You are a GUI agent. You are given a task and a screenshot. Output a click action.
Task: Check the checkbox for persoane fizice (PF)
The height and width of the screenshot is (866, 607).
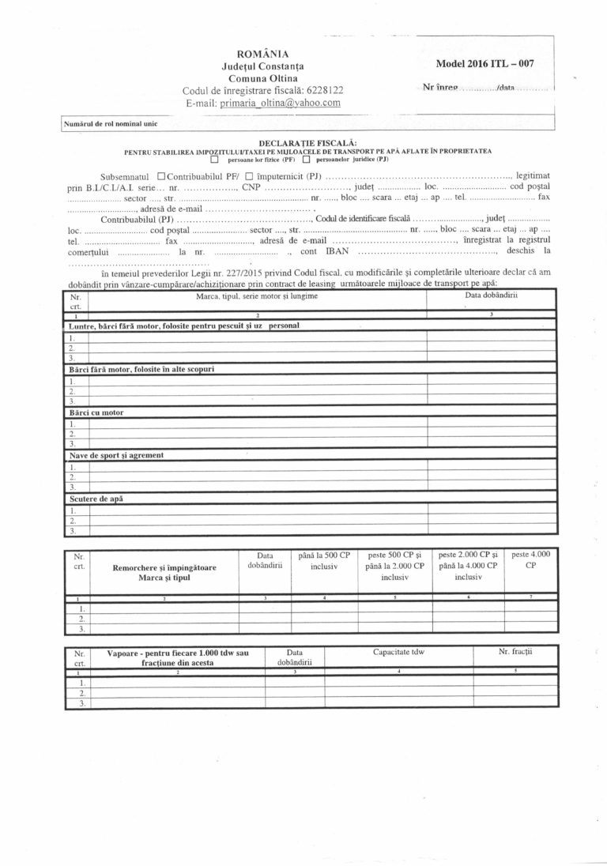(213, 158)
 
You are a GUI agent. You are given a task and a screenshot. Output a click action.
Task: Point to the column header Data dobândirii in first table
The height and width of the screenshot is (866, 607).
(491, 295)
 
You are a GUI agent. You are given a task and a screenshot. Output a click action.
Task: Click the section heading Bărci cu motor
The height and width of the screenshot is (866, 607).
(96, 412)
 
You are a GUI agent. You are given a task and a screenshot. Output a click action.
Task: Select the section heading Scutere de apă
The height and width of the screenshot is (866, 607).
(96, 499)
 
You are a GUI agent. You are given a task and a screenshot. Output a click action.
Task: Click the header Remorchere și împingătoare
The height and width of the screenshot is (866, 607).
(164, 567)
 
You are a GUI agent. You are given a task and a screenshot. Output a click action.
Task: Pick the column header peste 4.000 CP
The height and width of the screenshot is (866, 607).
(531, 559)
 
